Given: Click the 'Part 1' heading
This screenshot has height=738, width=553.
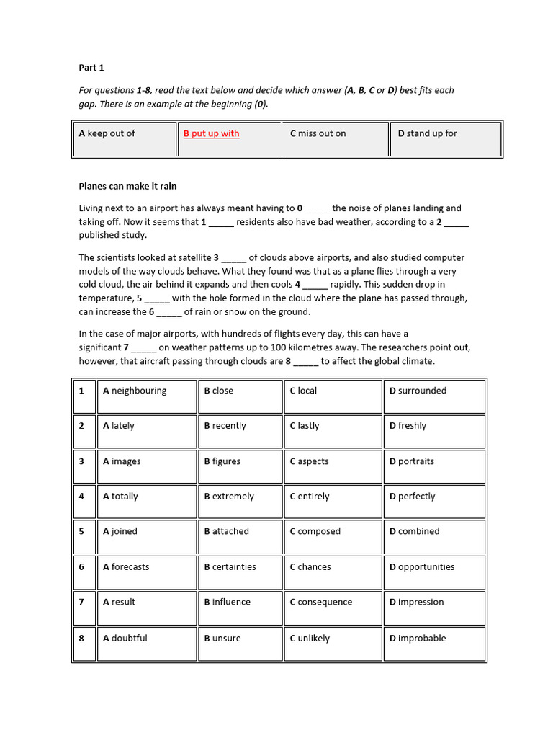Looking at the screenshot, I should click(x=91, y=68).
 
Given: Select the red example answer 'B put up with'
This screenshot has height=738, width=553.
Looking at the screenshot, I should click(x=211, y=133).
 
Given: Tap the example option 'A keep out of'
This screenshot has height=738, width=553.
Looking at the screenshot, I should click(x=107, y=133).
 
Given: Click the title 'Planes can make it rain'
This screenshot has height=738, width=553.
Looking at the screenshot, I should click(x=127, y=186).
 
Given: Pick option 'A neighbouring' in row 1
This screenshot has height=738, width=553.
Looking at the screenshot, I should click(x=135, y=391).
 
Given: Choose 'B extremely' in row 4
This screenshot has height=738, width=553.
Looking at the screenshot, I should click(x=229, y=497).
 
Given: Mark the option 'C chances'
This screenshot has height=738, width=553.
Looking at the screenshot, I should click(x=310, y=567).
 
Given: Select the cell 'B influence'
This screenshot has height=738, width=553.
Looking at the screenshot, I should click(x=227, y=602).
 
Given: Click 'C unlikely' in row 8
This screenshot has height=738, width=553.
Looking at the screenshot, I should click(x=310, y=638).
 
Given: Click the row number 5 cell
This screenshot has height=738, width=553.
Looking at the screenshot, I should click(x=82, y=531).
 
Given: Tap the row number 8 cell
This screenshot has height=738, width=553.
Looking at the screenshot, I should click(x=82, y=638).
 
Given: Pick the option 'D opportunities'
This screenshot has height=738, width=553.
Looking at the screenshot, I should click(x=422, y=567).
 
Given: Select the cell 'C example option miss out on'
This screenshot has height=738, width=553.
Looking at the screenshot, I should click(x=318, y=133).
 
